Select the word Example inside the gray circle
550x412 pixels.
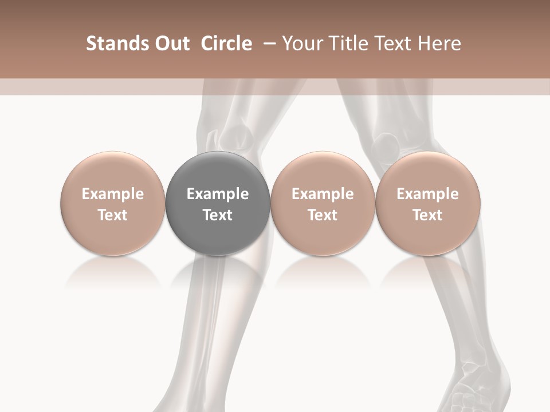click(218, 194)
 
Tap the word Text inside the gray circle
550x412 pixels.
click(218, 215)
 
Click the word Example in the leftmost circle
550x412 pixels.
click(112, 194)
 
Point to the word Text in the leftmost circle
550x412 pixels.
click(112, 215)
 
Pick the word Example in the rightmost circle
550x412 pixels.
click(427, 194)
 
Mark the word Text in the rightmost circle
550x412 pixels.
click(427, 215)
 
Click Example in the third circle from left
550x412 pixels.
click(323, 194)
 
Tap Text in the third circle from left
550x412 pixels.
click(323, 215)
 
